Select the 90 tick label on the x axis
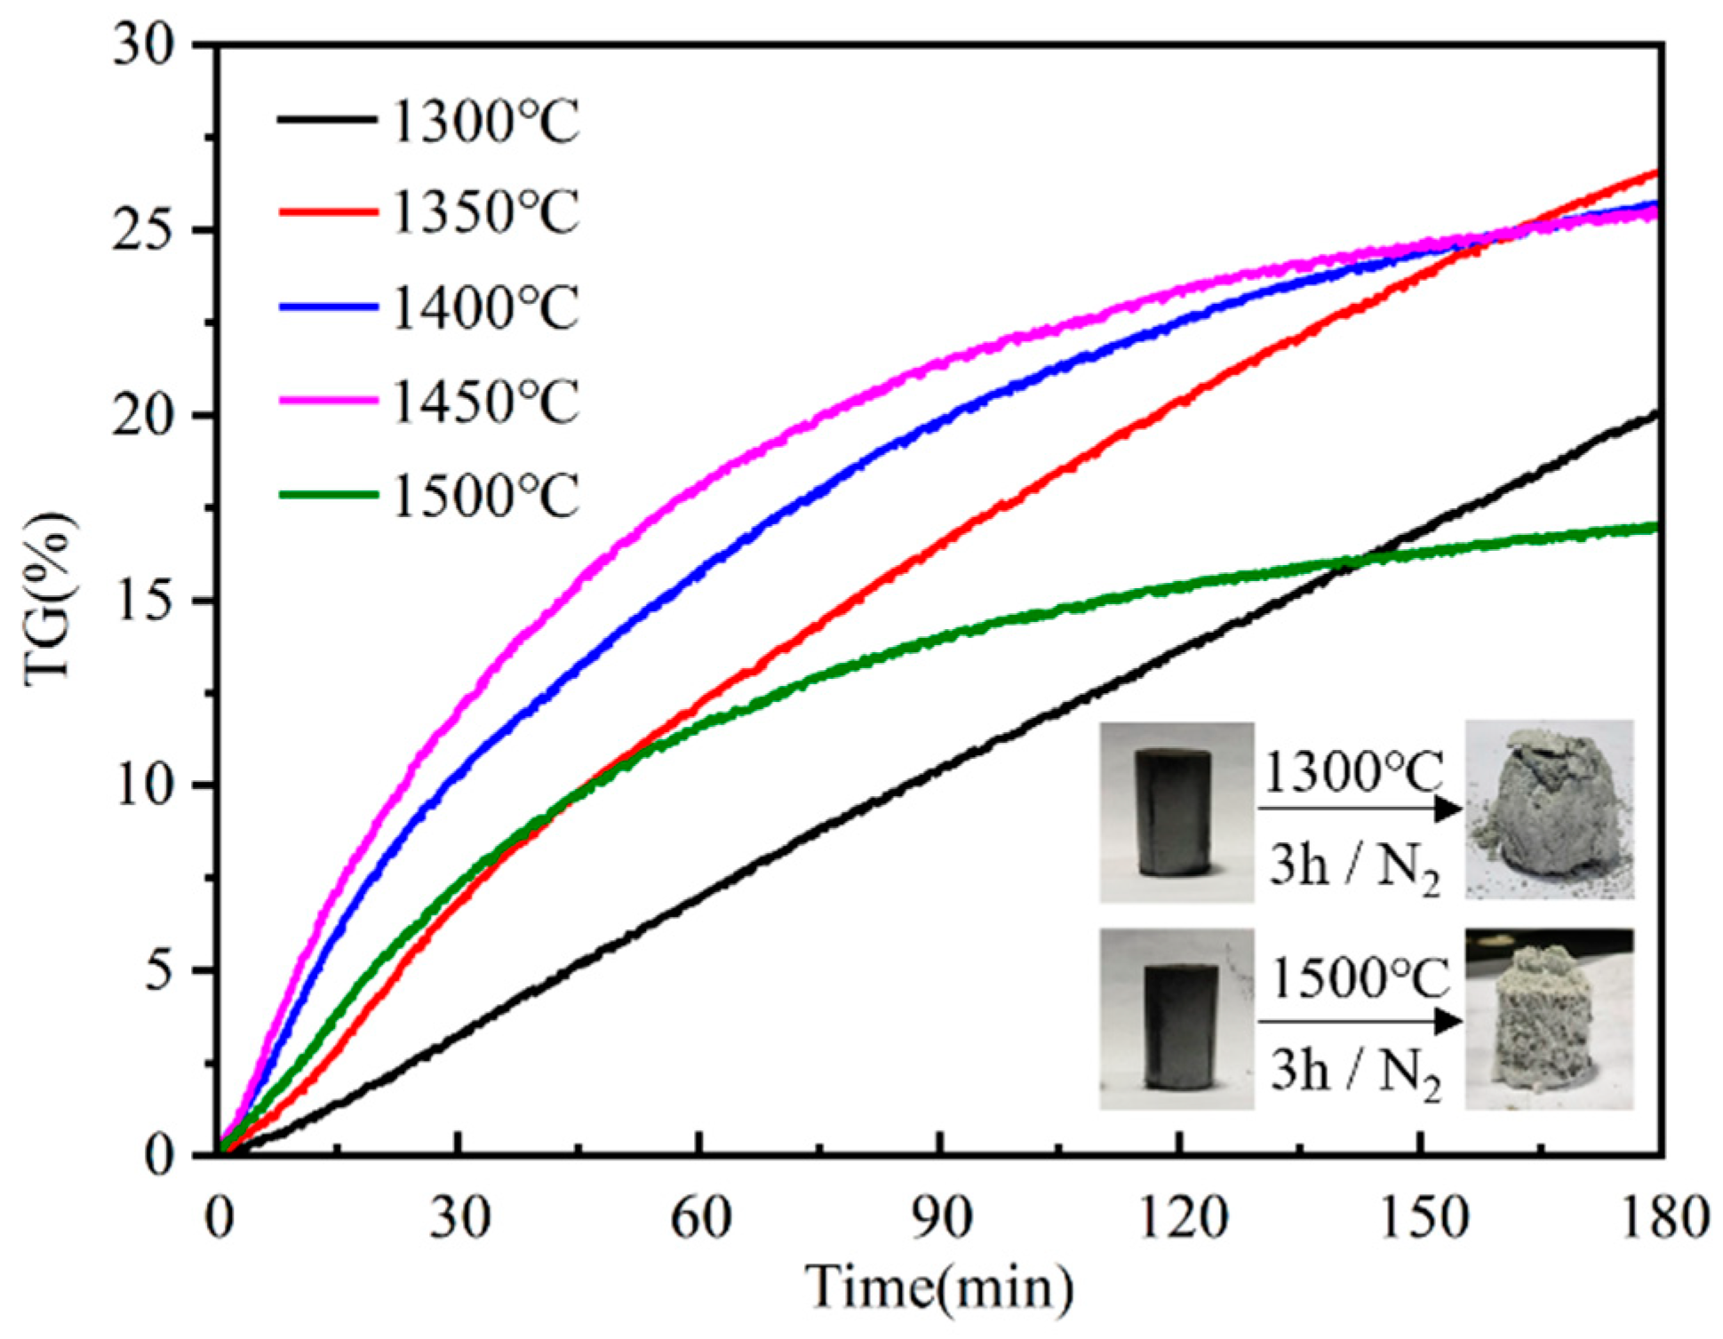pos(940,1218)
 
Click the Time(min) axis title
pos(938,1288)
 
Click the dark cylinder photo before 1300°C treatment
pos(1176,812)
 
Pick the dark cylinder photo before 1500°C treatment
pos(1176,1019)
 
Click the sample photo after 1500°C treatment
pos(1549,1019)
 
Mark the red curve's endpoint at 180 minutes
pos(1655,171)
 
